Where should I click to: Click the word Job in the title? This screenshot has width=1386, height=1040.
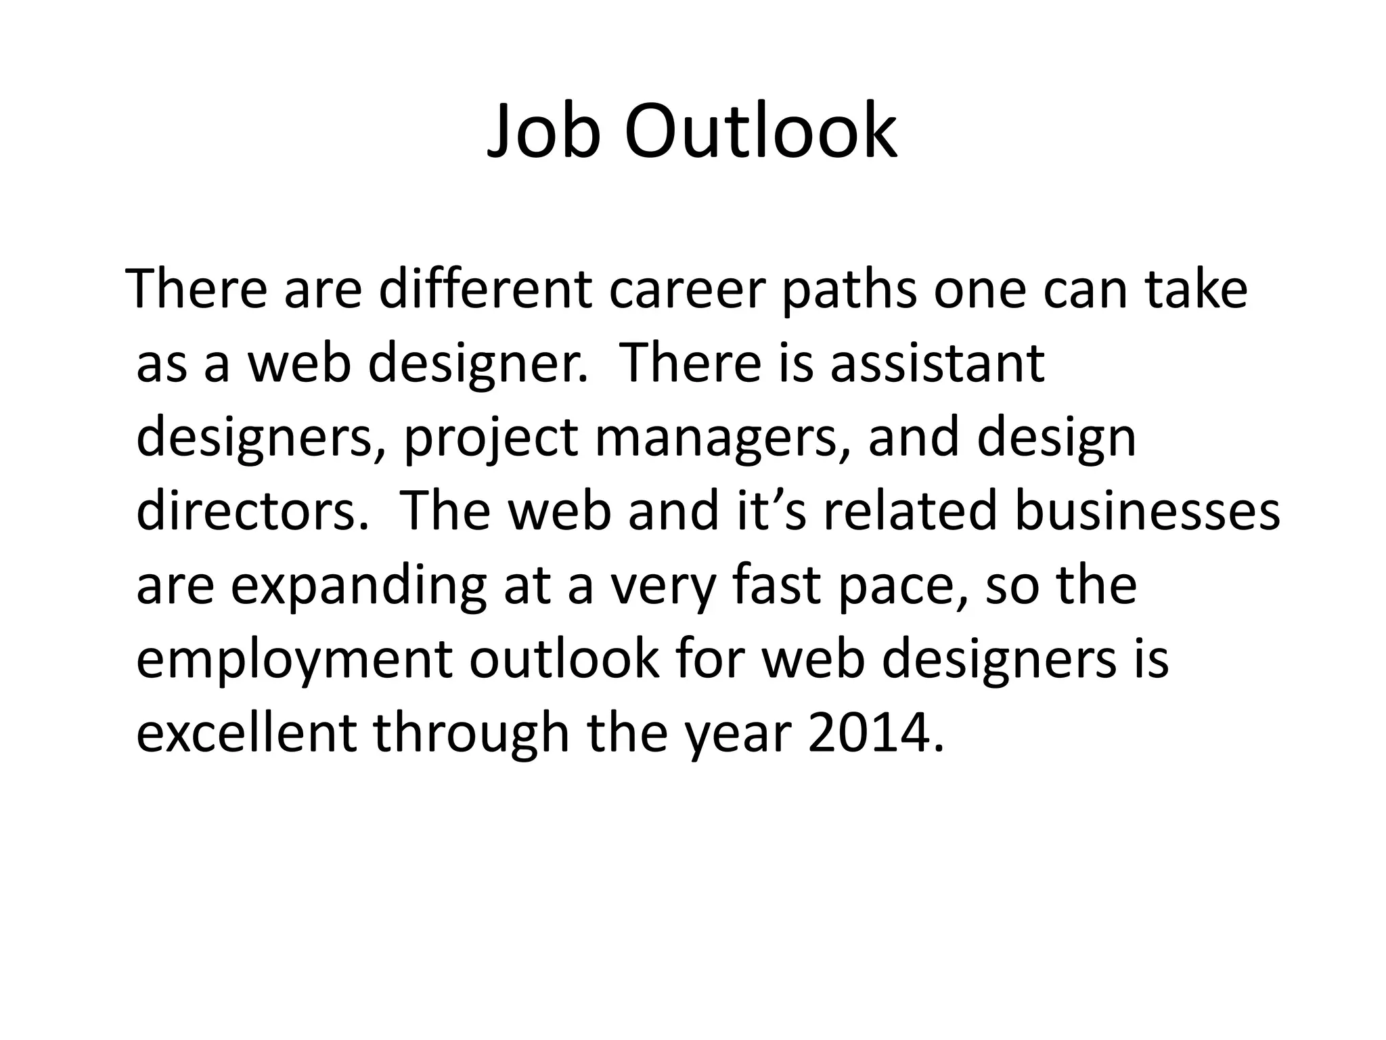pyautogui.click(x=543, y=131)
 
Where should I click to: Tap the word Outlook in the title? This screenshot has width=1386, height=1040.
pyautogui.click(x=760, y=131)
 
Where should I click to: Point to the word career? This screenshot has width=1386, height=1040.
pyautogui.click(x=686, y=290)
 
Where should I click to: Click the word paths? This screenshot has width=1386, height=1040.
pyautogui.click(x=849, y=290)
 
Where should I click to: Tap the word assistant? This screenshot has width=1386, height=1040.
pyautogui.click(x=937, y=363)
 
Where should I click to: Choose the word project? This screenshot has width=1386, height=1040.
pyautogui.click(x=491, y=439)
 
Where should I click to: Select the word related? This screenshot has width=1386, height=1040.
pyautogui.click(x=910, y=511)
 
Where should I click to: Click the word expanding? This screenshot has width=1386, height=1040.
pyautogui.click(x=358, y=586)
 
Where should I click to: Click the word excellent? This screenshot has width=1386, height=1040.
pyautogui.click(x=246, y=733)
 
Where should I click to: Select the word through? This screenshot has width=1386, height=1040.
pyautogui.click(x=472, y=734)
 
